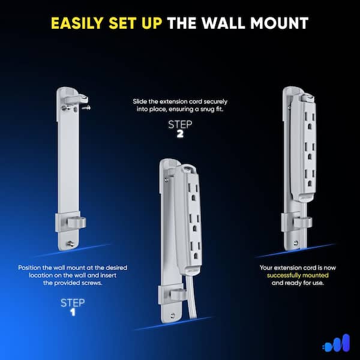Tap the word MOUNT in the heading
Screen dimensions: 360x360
pos(280,23)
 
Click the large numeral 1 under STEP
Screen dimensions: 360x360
pos(73,312)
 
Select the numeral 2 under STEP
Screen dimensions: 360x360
pos(180,134)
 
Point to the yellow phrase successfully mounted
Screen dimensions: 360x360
pos(298,275)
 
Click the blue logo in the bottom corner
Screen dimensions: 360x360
pos(337,343)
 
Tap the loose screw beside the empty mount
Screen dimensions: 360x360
pos(86,107)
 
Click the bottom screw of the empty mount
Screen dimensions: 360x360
pos(70,244)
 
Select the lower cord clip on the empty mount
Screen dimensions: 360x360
pos(76,223)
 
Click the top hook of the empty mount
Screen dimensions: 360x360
pos(76,100)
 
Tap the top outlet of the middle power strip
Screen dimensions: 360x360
pos(193,192)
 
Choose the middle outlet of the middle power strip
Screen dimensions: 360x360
pos(194,223)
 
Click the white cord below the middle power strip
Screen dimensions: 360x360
pos(191,296)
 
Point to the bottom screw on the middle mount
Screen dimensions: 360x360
pos(172,316)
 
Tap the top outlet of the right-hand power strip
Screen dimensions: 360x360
pos(310,121)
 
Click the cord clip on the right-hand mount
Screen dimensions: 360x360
pos(302,223)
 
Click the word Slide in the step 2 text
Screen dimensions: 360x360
pos(140,101)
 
